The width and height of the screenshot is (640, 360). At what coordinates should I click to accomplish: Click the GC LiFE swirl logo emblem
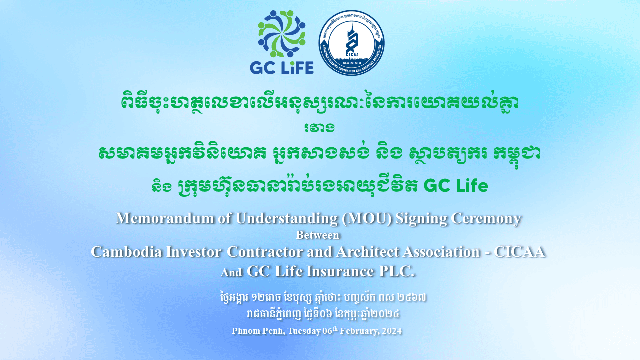(281, 33)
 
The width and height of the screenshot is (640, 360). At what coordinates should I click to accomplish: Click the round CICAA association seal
(351, 43)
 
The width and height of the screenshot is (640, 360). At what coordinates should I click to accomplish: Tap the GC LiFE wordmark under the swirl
(281, 67)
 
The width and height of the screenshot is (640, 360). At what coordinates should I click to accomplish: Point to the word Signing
(422, 219)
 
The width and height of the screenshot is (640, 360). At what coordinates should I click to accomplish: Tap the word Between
(318, 235)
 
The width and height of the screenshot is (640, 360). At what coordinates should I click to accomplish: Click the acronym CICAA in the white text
(519, 251)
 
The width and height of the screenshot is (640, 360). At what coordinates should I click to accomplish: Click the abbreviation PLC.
(397, 271)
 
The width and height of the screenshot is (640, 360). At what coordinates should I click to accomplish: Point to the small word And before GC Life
(231, 273)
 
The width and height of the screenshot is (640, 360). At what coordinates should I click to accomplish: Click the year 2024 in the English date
(393, 331)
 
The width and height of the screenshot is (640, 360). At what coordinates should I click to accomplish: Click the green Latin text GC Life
(455, 186)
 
